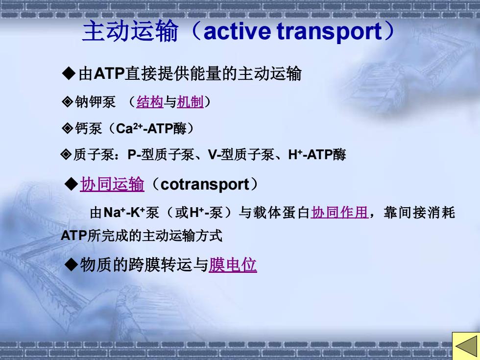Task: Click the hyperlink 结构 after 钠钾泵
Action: tap(150, 102)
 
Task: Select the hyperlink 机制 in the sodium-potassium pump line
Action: tap(190, 102)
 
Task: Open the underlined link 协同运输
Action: tap(112, 184)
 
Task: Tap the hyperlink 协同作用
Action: tap(339, 213)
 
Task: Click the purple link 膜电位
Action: tap(233, 265)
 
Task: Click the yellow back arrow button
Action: tap(466, 346)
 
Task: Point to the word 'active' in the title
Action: tap(237, 31)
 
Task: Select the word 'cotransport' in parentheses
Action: tap(205, 185)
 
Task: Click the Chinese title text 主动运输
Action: tap(130, 31)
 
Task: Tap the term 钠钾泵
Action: tap(95, 102)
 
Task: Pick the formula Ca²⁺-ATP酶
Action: tap(151, 128)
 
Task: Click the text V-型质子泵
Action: tap(241, 155)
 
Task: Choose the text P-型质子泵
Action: tap(161, 155)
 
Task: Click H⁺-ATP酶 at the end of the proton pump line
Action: tap(317, 155)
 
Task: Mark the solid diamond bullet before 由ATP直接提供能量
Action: tap(69, 73)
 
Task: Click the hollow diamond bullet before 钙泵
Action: tap(67, 128)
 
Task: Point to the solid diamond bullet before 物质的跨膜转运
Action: tap(72, 264)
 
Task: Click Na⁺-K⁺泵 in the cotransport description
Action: tap(131, 213)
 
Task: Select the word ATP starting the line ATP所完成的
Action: tap(74, 236)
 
